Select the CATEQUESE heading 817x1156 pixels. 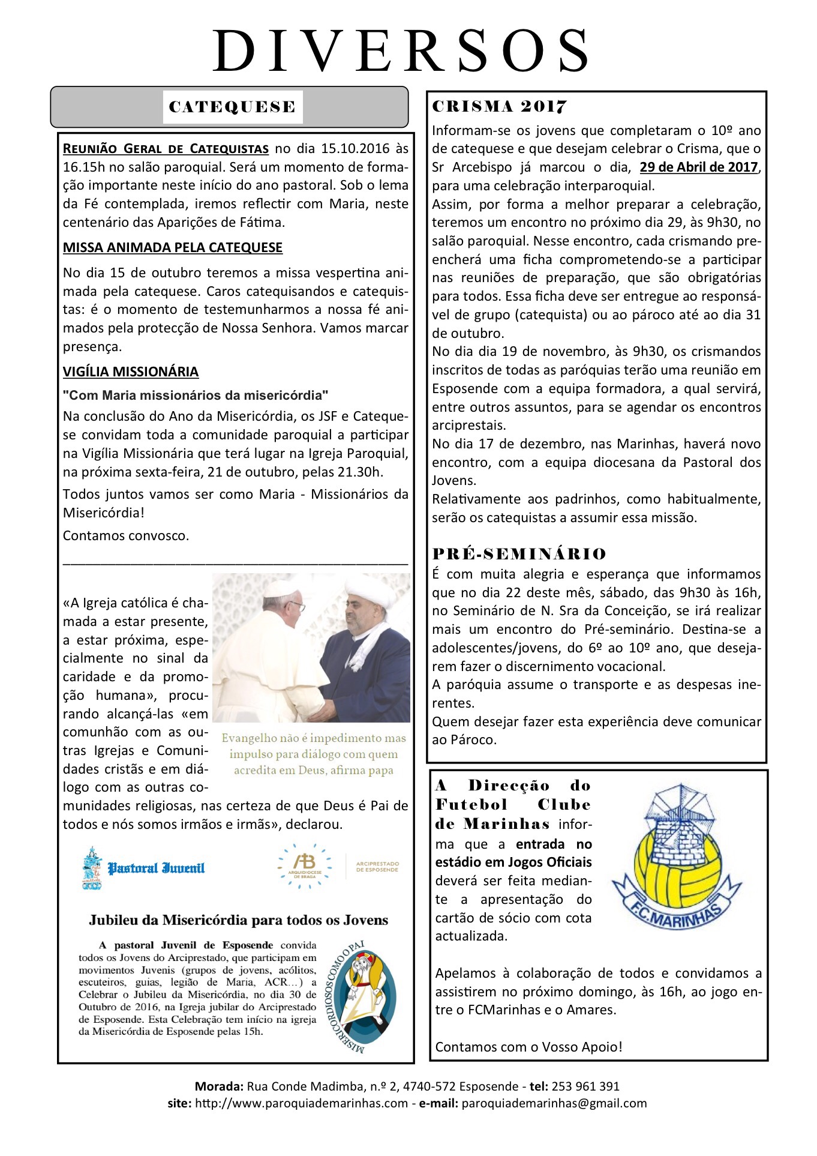click(232, 107)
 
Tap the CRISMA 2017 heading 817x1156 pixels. click(499, 107)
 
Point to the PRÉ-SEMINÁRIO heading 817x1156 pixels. click(519, 553)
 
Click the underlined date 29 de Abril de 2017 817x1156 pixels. click(699, 167)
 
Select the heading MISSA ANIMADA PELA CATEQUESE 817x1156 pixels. click(173, 247)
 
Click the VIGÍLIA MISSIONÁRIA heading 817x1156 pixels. click(131, 372)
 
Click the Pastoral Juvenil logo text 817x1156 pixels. click(156, 868)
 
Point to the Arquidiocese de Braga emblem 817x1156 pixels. click(305, 865)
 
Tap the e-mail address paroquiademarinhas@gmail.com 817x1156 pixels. click(554, 1103)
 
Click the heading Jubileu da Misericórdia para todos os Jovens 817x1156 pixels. click(239, 920)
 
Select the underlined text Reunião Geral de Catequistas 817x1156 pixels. click(166, 148)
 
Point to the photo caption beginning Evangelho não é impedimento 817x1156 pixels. click(313, 754)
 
